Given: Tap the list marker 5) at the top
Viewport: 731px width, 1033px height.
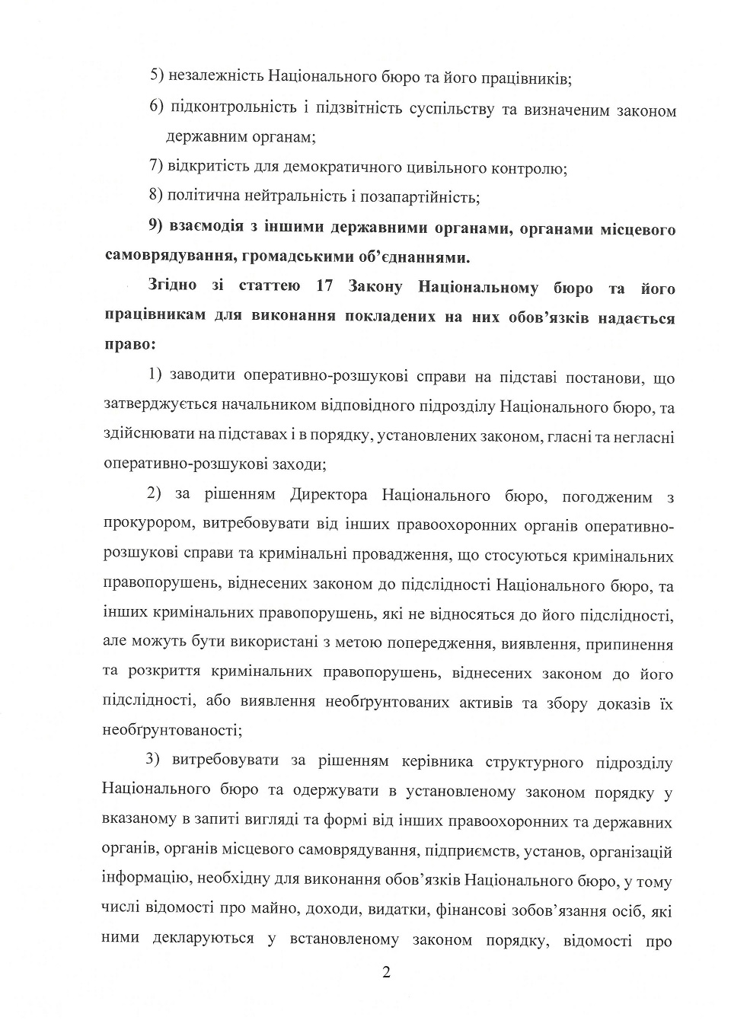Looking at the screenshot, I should tap(157, 77).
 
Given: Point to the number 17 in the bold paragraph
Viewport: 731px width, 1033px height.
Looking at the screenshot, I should tap(321, 287).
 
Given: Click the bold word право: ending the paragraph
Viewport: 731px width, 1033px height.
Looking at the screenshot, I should tap(129, 344).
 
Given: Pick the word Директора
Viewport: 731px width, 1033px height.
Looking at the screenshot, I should tap(328, 496).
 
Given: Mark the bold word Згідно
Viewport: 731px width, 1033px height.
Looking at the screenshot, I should tap(173, 287).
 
